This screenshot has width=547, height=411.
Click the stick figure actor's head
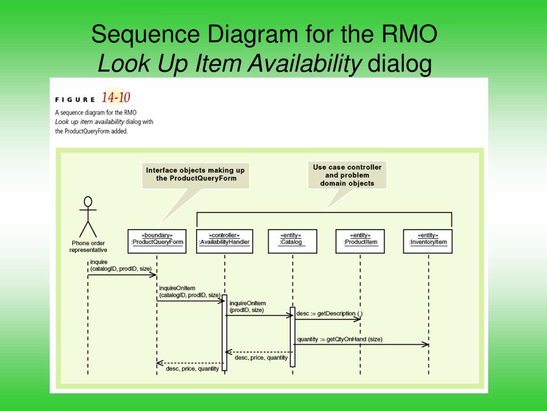click(88, 202)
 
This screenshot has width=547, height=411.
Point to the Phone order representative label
click(88, 247)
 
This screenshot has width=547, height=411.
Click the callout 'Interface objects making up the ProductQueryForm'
click(196, 174)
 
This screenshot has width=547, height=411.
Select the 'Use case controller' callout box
click(347, 175)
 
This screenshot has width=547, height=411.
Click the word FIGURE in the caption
click(75, 99)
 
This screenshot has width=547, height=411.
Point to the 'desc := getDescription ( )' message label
click(329, 313)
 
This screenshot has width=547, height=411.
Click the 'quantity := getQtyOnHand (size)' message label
click(340, 339)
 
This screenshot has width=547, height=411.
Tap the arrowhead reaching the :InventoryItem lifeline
click(426, 345)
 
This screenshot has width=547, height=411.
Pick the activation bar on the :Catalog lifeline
click(292, 337)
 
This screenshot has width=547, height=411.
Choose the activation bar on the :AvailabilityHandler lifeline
click(224, 332)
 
